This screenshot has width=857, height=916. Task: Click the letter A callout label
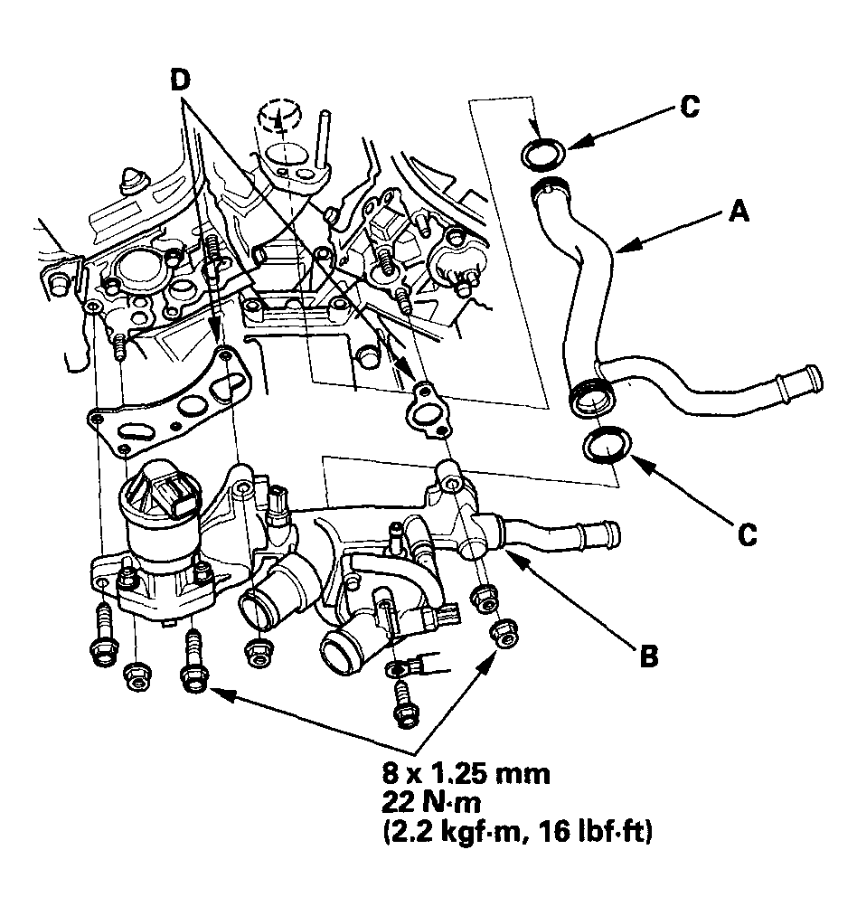[739, 211]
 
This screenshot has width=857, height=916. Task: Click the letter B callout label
[649, 656]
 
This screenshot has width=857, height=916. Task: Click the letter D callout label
[181, 80]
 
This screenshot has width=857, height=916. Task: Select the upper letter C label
[690, 107]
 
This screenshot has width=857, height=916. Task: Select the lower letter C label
[748, 534]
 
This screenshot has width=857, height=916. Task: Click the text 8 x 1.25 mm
[466, 774]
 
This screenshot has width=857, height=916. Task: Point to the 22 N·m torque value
[431, 803]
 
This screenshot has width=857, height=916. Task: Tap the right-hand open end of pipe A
[813, 378]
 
